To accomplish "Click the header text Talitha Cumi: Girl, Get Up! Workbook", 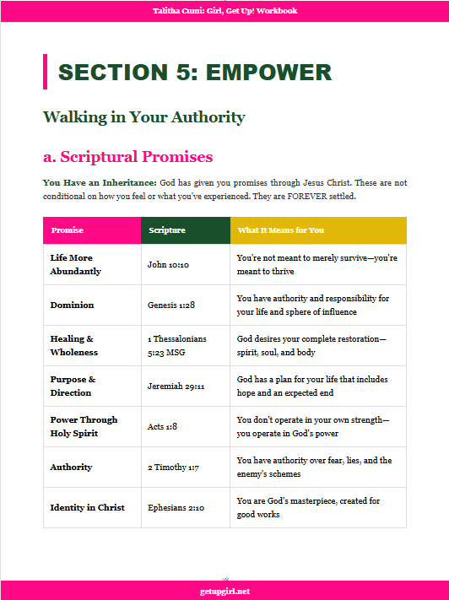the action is tap(224, 11).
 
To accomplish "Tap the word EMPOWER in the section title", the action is tap(270, 73).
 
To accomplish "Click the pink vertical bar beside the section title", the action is tap(45, 72).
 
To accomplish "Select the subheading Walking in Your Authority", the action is tap(143, 117).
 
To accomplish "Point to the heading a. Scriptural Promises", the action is tap(127, 157).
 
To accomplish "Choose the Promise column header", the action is tap(67, 230).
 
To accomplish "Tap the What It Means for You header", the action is tap(281, 230).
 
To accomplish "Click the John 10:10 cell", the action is tap(168, 264).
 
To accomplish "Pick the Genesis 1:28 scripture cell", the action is tap(171, 305).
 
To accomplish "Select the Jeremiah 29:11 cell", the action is tap(174, 386).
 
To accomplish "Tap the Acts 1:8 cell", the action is tap(162, 426).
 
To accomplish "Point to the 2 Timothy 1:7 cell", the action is tap(173, 467).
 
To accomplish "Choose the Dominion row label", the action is tap(72, 305).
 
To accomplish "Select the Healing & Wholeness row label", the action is tap(73, 345).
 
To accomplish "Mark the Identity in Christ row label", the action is tap(87, 507).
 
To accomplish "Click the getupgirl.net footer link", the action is tap(224, 591).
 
